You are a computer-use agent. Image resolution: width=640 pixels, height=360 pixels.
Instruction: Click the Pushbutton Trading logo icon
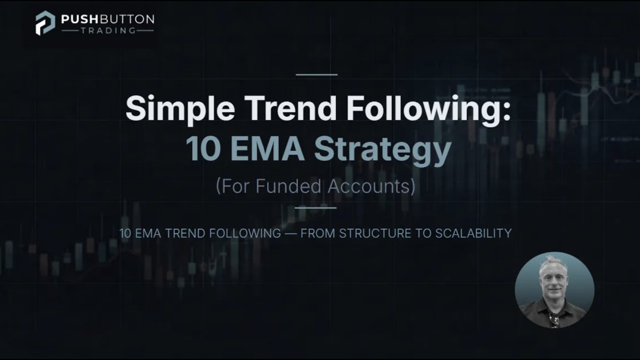pyautogui.click(x=45, y=23)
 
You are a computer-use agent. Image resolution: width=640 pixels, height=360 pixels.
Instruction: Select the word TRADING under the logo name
pyautogui.click(x=107, y=30)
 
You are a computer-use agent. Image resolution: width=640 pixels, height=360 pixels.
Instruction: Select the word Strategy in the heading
pyautogui.click(x=382, y=149)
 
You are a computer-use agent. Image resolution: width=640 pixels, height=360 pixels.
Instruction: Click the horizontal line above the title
pyautogui.click(x=316, y=74)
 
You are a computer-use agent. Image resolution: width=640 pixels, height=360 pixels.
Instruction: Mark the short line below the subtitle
pyautogui.click(x=315, y=207)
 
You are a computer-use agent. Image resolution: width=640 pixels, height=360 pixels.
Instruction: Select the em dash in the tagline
pyautogui.click(x=290, y=233)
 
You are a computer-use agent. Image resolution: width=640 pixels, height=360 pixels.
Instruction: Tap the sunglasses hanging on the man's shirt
pyautogui.click(x=554, y=319)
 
